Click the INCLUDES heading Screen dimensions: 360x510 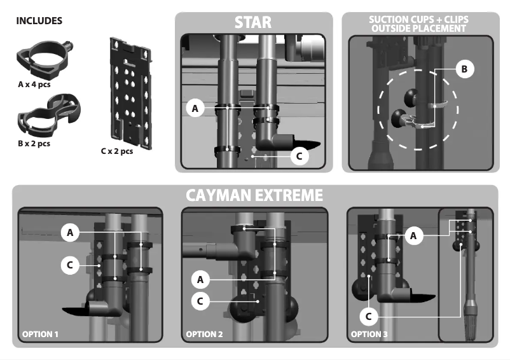point(39,20)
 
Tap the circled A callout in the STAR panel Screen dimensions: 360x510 point(196,109)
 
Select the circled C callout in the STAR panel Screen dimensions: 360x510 point(299,155)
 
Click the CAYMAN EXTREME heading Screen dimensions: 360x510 point(254,195)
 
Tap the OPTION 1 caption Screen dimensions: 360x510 point(41,334)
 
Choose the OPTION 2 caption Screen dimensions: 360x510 point(205,334)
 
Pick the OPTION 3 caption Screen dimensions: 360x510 point(369,334)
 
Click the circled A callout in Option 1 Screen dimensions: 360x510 point(70,233)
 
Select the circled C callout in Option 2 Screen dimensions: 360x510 point(200,301)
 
